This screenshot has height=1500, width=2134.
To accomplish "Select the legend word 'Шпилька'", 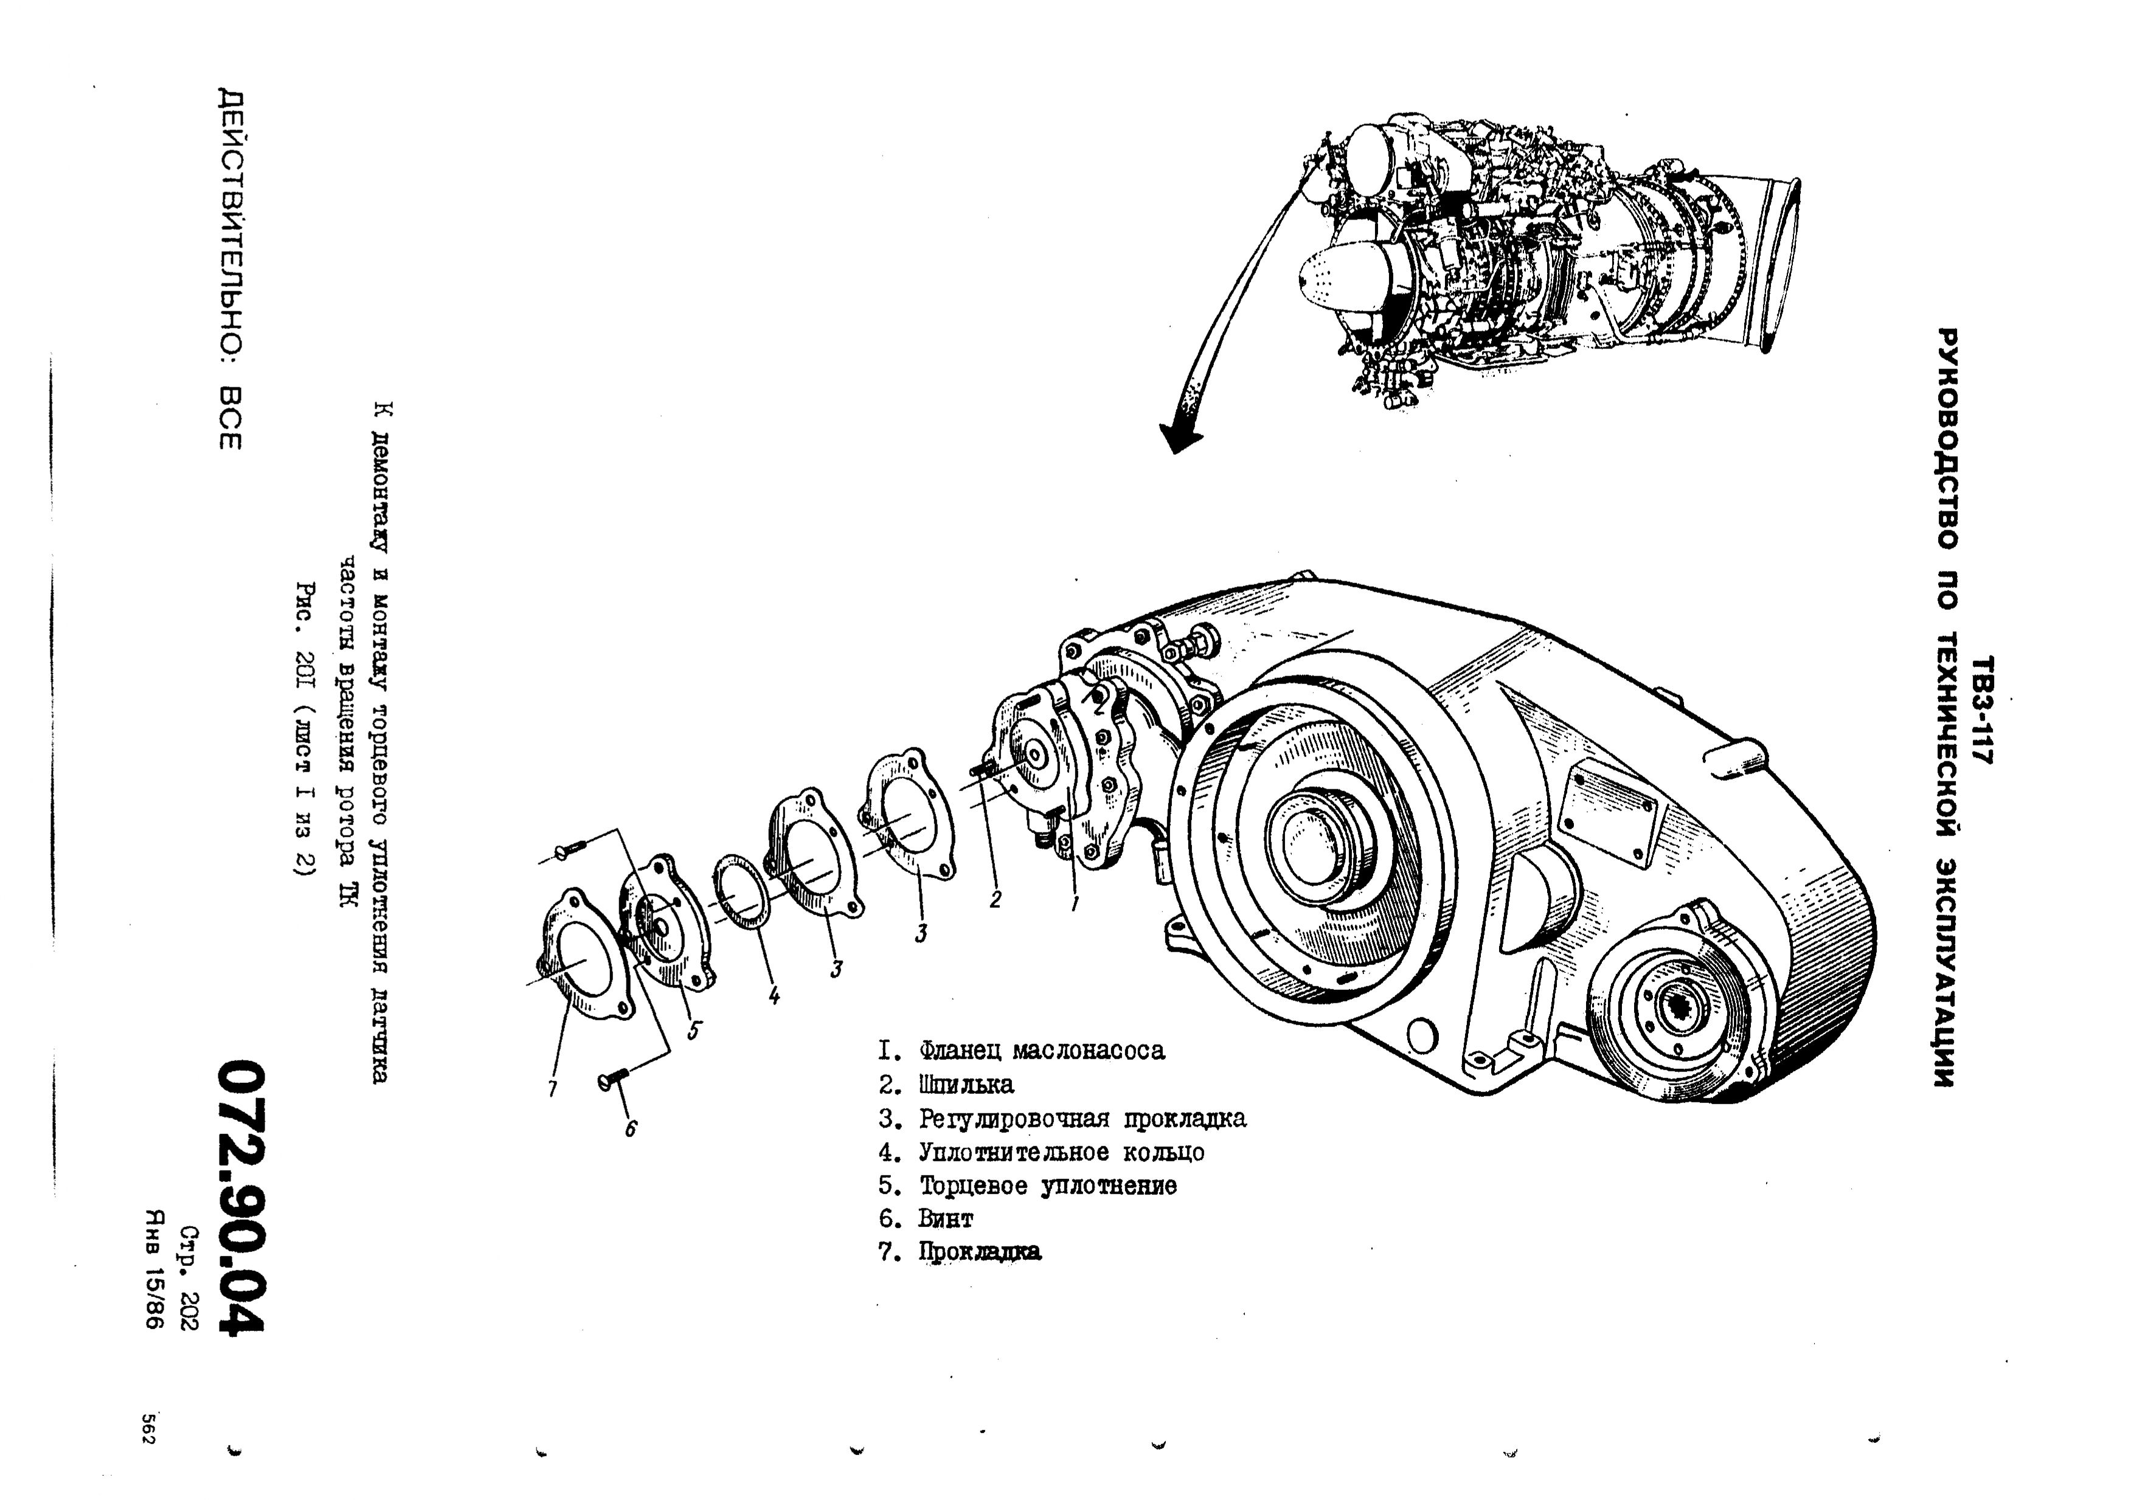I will click(966, 1085).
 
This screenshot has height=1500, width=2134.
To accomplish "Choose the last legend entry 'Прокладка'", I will click(980, 1252).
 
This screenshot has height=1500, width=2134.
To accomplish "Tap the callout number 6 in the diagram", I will click(631, 1128).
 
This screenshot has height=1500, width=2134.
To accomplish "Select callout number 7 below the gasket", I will click(552, 1089).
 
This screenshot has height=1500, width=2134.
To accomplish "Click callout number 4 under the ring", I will click(774, 997).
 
